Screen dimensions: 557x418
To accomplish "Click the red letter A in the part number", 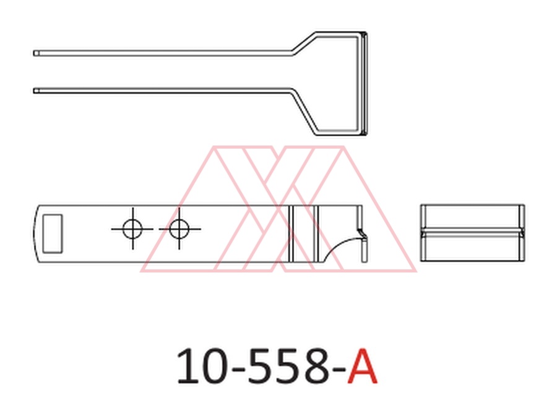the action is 362,366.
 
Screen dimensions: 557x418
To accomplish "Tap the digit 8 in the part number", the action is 317,366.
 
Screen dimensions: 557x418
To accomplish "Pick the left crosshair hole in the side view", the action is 132,229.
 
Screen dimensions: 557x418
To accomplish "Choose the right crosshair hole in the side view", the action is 179,229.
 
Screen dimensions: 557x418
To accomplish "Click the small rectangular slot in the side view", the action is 53,233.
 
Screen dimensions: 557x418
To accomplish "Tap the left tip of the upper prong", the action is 34,53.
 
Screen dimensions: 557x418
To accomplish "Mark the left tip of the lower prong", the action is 34,91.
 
